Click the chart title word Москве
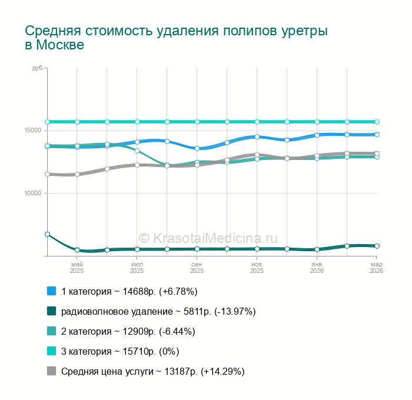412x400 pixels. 60,45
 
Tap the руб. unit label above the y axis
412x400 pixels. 38,69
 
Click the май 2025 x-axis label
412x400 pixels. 77,268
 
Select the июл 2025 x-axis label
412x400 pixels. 137,268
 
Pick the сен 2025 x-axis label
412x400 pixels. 197,268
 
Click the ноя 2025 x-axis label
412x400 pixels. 257,268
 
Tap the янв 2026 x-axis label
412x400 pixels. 317,268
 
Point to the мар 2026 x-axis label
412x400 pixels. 376,268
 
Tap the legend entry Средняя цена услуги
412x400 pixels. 152,371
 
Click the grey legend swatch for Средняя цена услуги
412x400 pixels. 51,371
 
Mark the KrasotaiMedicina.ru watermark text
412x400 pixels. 208,238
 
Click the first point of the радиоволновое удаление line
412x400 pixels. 47,234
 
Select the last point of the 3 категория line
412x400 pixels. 377,122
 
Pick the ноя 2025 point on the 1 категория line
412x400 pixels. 257,136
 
